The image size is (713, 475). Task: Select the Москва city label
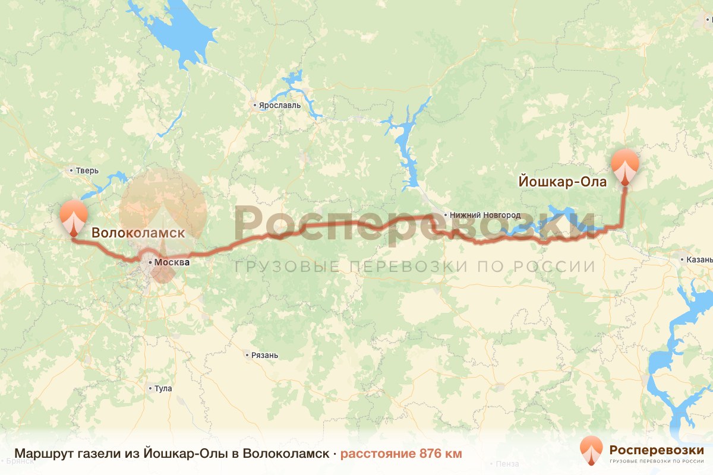(x=172, y=261)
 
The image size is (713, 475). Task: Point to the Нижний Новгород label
(x=485, y=215)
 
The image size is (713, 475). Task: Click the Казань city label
(x=699, y=259)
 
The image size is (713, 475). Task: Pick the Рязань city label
(x=264, y=355)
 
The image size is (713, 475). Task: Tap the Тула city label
(x=163, y=388)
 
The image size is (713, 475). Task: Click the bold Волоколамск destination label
(x=138, y=233)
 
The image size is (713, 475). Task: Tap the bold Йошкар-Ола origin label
(x=563, y=182)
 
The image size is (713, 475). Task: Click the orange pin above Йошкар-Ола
(x=625, y=166)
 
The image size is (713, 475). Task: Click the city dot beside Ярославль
(x=255, y=106)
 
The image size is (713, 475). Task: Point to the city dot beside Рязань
(x=247, y=355)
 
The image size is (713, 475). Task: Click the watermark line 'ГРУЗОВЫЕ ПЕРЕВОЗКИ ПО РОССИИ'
(x=415, y=267)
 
